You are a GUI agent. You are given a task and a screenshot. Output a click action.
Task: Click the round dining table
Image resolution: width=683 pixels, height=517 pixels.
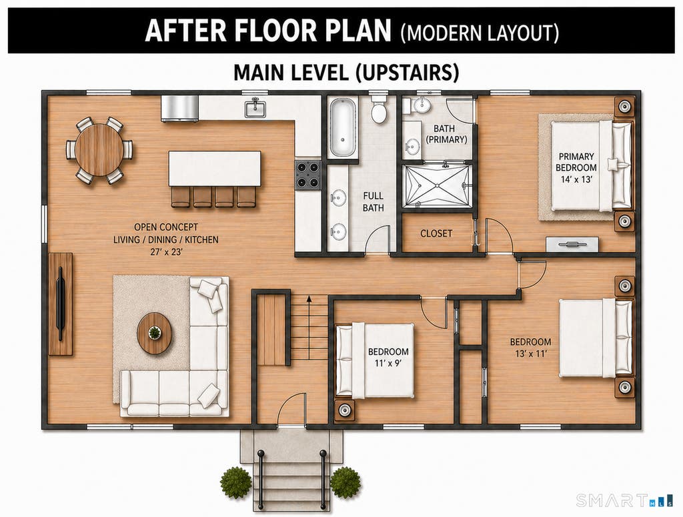[x=99, y=150]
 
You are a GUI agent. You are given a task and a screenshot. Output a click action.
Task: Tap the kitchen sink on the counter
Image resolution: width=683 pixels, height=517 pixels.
[x=255, y=108]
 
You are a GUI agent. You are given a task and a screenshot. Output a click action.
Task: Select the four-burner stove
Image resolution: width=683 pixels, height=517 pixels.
[x=308, y=175]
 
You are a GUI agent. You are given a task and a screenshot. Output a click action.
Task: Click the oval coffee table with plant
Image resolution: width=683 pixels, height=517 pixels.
[x=154, y=333]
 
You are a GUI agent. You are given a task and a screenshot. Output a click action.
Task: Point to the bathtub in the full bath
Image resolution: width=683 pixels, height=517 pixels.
[x=342, y=127]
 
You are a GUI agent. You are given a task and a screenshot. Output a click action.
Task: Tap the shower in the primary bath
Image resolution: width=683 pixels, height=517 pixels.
[x=437, y=185]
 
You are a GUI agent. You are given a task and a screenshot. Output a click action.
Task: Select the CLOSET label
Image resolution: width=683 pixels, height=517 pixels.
[x=436, y=233]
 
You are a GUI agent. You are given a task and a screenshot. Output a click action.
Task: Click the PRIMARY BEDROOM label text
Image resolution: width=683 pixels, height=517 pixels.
[x=576, y=161]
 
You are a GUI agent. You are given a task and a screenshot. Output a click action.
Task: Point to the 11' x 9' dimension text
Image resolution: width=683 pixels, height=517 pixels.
[x=388, y=364]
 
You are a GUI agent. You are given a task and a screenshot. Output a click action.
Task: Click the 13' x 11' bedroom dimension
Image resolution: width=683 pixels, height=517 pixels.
[x=530, y=354]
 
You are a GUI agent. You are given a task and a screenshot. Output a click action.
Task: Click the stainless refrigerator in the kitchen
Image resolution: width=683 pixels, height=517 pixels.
[x=180, y=109]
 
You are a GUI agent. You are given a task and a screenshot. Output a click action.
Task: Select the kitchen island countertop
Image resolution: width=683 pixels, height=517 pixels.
[x=215, y=169]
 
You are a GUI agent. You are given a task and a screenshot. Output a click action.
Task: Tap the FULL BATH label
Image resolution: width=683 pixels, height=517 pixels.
[x=374, y=201]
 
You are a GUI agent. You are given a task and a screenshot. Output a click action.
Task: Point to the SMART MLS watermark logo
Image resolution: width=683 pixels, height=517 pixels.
[x=624, y=500]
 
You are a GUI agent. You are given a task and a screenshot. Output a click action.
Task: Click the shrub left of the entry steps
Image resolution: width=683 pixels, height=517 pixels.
[x=235, y=482]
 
